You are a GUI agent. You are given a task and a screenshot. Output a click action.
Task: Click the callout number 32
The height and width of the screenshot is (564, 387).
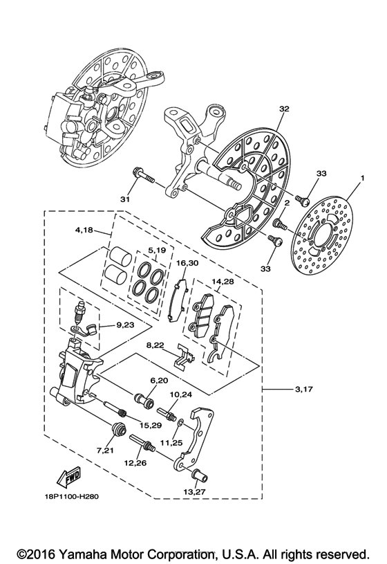[x=284, y=109]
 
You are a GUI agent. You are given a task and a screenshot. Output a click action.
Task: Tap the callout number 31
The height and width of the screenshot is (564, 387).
[x=125, y=200]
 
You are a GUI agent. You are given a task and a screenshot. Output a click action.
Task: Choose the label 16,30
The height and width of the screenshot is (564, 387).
[x=187, y=264]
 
